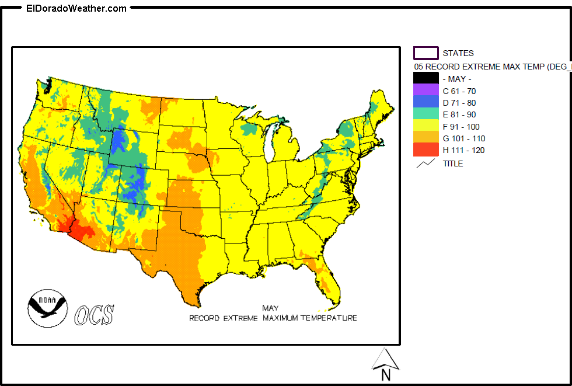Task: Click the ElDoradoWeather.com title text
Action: pyautogui.click(x=76, y=8)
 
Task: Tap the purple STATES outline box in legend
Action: pyautogui.click(x=425, y=53)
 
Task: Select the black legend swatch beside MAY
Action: pyautogui.click(x=425, y=79)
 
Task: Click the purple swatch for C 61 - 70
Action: pyautogui.click(x=425, y=91)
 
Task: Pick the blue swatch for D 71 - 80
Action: pyautogui.click(x=425, y=103)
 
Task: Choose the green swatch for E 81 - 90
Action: pyautogui.click(x=425, y=114)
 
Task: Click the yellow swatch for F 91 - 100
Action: pyautogui.click(x=425, y=127)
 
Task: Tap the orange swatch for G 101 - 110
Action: pyautogui.click(x=425, y=138)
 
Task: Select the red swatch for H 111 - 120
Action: pyautogui.click(x=425, y=150)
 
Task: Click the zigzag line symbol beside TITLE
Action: pyautogui.click(x=425, y=164)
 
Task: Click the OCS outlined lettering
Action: pyautogui.click(x=94, y=315)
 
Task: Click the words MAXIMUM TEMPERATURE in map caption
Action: pyautogui.click(x=309, y=318)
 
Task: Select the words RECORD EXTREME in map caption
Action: pyautogui.click(x=224, y=318)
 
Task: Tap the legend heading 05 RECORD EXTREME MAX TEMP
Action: pyautogui.click(x=490, y=67)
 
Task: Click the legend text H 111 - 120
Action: pyautogui.click(x=463, y=150)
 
